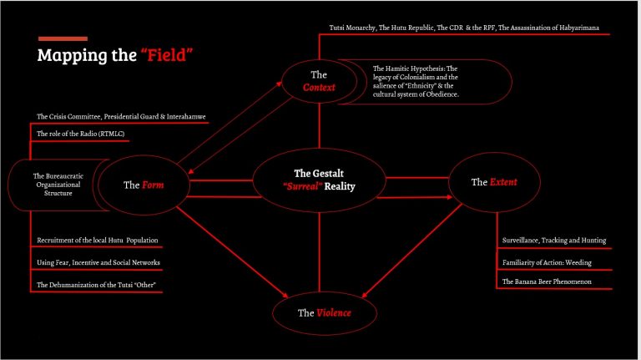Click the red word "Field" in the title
[x=166, y=55]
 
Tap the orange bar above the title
[x=63, y=39]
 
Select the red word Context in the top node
[x=319, y=87]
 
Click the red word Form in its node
[x=153, y=185]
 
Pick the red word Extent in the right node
[x=503, y=182]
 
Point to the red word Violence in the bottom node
[x=334, y=313]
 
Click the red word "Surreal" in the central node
[x=302, y=186]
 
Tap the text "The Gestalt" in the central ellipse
[x=319, y=173]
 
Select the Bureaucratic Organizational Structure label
[x=58, y=185]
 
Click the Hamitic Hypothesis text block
[x=416, y=81]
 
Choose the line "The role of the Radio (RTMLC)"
[x=80, y=134]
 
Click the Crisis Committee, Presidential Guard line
[x=121, y=117]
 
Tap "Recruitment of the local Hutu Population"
[x=98, y=240]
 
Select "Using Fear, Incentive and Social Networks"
[x=98, y=262]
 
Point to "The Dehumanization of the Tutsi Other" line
[x=96, y=285]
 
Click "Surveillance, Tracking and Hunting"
[x=554, y=241]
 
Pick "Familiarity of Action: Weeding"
[x=547, y=262]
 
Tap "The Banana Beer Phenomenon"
[x=547, y=281]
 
